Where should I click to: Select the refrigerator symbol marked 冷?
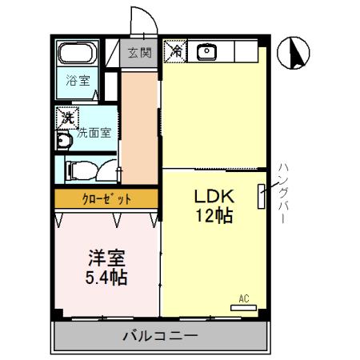pyautogui.click(x=174, y=51)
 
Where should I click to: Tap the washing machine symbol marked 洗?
pyautogui.click(x=69, y=118)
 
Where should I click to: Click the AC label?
pyautogui.click(x=244, y=299)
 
